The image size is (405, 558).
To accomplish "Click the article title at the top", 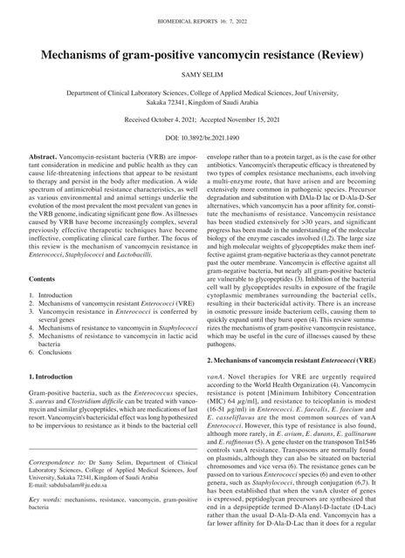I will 202,55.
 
